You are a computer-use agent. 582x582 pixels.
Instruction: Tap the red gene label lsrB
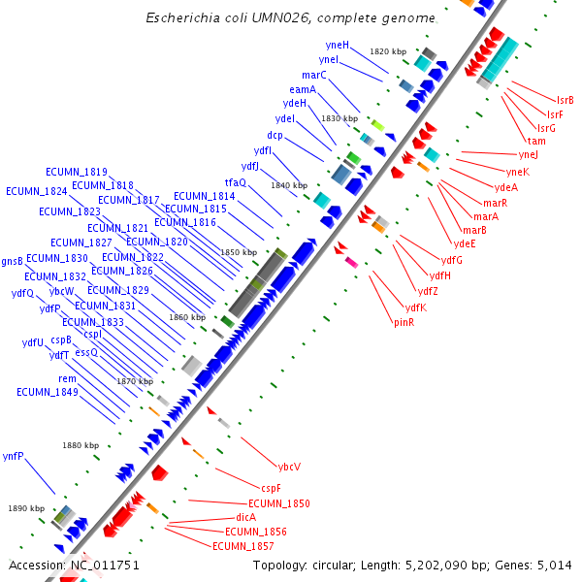tap(565, 100)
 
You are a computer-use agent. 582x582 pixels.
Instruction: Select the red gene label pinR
tap(404, 322)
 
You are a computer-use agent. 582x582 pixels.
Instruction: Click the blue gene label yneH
tap(338, 46)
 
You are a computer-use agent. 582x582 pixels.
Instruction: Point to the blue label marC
tap(313, 75)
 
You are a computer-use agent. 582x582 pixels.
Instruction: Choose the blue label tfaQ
tap(236, 182)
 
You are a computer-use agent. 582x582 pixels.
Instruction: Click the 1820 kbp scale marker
tap(387, 51)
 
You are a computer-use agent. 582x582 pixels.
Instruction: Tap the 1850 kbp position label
tap(238, 252)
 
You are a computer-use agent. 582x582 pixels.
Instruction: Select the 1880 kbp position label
tap(81, 445)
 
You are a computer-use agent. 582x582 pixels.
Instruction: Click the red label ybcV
tap(289, 467)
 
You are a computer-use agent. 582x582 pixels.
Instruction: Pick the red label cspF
tap(271, 488)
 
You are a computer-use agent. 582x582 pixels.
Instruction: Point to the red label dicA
tap(245, 517)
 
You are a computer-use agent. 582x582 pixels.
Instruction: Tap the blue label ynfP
tap(14, 455)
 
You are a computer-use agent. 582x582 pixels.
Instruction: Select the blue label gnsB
tap(12, 261)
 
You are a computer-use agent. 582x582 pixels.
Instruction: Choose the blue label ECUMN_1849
tap(47, 392)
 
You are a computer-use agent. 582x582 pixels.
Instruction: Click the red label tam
tap(536, 141)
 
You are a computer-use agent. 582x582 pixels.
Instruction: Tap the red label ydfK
tap(416, 307)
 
